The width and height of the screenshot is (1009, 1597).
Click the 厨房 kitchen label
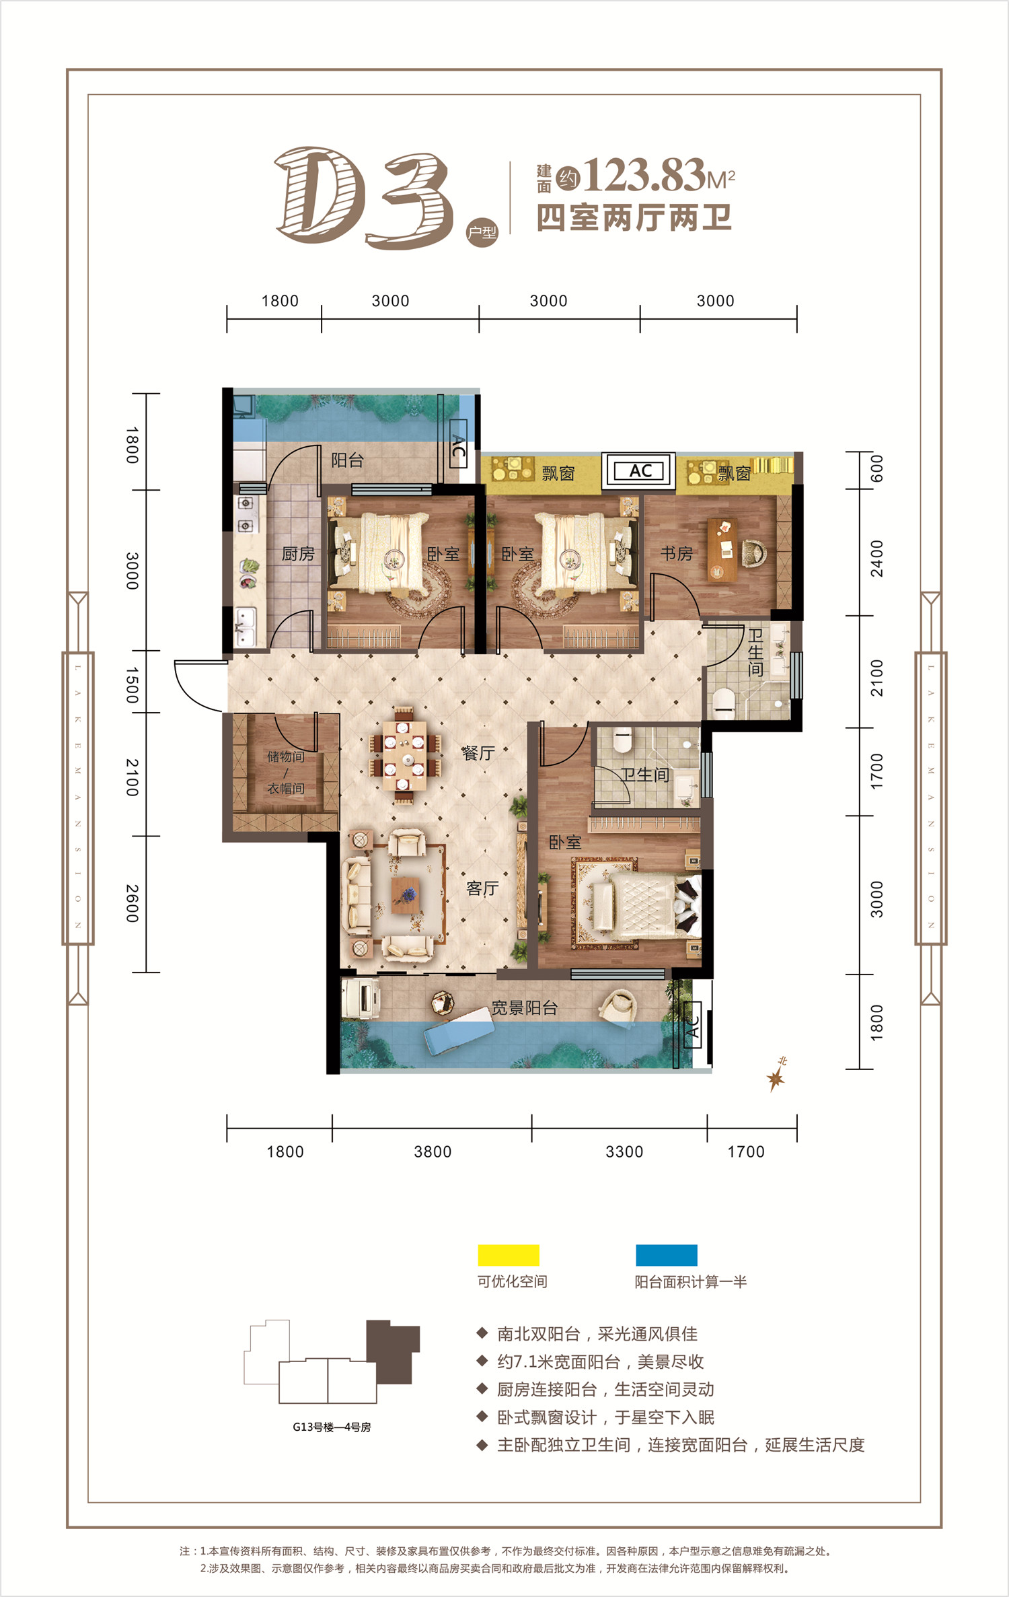pos(298,554)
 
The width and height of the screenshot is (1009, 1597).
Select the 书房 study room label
pos(676,553)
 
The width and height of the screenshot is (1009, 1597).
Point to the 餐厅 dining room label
pos(478,752)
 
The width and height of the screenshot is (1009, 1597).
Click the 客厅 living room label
pos(482,888)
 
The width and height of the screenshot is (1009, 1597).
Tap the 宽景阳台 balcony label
pos(524,1007)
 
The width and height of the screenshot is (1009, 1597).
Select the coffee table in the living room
pos(406,895)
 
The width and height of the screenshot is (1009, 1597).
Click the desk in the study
pos(722,549)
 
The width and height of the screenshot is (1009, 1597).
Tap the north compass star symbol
pos(776,1079)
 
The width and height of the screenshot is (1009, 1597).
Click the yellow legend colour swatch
pos(509,1255)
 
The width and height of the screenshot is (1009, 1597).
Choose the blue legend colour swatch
pos(667,1255)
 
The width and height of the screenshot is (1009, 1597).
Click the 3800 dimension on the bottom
pos(433,1151)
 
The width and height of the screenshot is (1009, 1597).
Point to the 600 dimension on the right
pos(876,468)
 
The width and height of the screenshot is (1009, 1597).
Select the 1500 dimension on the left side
pos(133,685)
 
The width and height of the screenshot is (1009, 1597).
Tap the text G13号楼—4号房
pos(332,1427)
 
